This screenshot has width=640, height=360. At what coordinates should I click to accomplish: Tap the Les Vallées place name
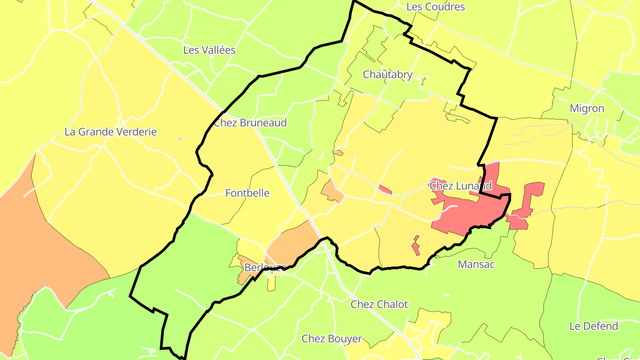pyautogui.click(x=209, y=50)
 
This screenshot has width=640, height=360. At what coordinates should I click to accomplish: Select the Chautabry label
pyautogui.click(x=388, y=75)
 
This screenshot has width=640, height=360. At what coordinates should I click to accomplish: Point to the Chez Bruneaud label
pyautogui.click(x=250, y=123)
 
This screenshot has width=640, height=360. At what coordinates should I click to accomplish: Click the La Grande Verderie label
pyautogui.click(x=111, y=132)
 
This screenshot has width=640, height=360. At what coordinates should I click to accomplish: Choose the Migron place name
pyautogui.click(x=587, y=109)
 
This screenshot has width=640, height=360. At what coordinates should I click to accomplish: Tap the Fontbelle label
pyautogui.click(x=247, y=193)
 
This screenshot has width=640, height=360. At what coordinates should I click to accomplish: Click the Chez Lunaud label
pyautogui.click(x=461, y=186)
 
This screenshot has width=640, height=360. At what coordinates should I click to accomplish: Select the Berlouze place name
pyautogui.click(x=265, y=268)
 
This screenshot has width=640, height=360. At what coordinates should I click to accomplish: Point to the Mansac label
pyautogui.click(x=476, y=264)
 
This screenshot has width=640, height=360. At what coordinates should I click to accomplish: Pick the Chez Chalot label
pyautogui.click(x=379, y=304)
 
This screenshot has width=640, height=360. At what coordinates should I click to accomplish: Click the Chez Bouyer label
pyautogui.click(x=332, y=339)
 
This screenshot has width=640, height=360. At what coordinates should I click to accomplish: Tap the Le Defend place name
pyautogui.click(x=594, y=326)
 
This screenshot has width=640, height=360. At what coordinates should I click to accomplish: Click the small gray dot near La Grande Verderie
pyautogui.click(x=180, y=139)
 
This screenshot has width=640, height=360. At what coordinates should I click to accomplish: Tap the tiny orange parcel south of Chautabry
pyautogui.click(x=338, y=153)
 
